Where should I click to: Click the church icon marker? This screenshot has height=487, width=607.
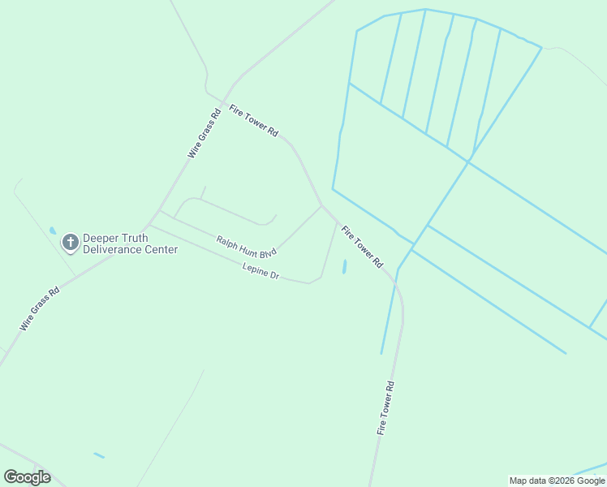71,241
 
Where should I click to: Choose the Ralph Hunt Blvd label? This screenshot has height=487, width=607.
247,246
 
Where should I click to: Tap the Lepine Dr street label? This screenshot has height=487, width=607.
260,271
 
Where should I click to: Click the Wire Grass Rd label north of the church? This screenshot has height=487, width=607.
204,133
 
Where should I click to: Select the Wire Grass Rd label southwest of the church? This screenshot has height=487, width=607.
40,309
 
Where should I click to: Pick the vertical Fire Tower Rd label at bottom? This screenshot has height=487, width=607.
385,408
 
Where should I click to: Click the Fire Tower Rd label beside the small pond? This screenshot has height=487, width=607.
362,247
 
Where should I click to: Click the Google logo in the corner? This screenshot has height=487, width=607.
27,477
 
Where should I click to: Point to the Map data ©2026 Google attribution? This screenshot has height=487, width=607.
557,481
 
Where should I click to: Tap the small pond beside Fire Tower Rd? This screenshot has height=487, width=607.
344,266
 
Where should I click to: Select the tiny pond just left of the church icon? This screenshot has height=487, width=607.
53,231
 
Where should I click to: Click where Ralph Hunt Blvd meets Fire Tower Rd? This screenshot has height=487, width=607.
321,205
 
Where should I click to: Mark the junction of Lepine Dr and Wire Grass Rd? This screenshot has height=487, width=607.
149,225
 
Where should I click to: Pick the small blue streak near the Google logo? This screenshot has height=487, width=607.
98,455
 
